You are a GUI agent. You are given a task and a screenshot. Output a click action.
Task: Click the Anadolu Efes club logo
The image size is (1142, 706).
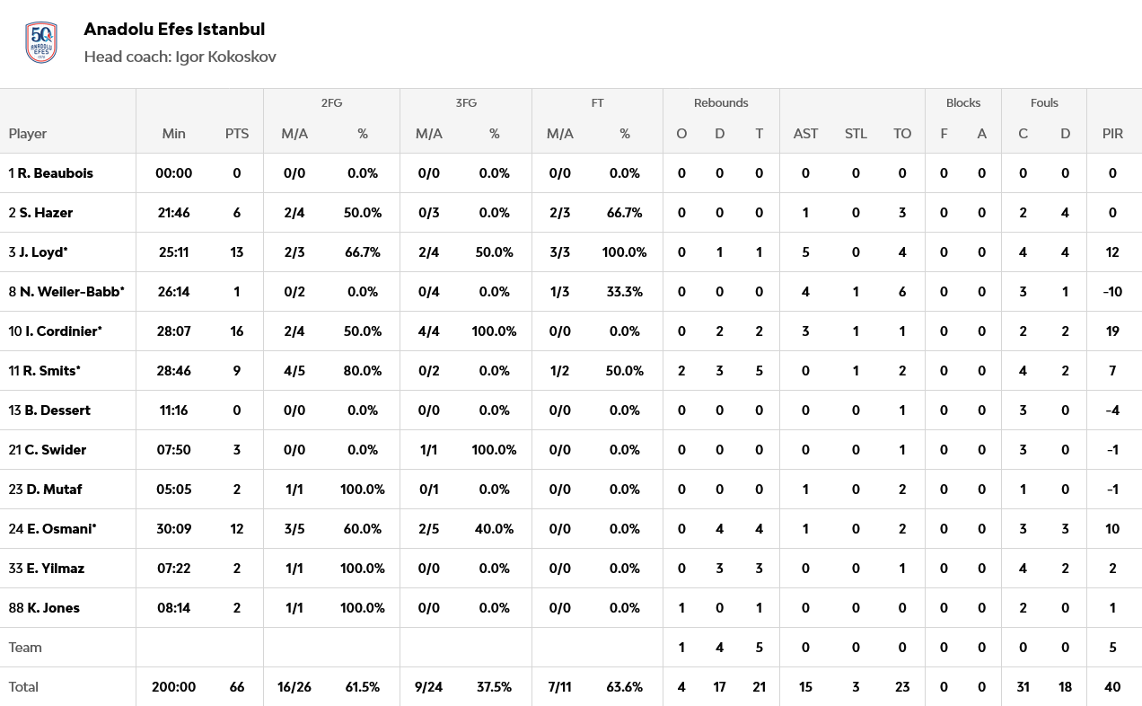point(41,42)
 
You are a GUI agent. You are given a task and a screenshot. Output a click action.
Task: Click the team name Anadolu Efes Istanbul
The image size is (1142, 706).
point(174,29)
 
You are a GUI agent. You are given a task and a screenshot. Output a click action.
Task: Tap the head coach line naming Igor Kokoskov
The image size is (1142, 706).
point(180,57)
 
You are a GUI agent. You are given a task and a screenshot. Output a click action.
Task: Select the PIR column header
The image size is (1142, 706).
point(1112,133)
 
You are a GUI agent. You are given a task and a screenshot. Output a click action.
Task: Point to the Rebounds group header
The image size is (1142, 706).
point(720,102)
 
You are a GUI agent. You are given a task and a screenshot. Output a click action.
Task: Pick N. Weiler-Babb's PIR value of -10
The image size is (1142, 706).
point(1112,291)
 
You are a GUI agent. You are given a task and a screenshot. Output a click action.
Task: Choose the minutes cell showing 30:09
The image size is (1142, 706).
point(174,528)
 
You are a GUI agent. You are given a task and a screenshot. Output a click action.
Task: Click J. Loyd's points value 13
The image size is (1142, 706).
point(237,252)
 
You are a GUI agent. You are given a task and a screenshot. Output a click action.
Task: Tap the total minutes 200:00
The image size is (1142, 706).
point(174,686)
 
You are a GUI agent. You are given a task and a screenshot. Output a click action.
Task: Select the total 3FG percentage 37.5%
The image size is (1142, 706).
point(494,686)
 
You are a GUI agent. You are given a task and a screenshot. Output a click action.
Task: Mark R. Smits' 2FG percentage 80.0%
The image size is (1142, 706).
point(363,370)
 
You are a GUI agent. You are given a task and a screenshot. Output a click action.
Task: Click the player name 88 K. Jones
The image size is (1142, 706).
point(44,607)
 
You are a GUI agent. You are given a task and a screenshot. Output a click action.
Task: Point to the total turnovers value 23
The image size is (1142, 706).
point(902,686)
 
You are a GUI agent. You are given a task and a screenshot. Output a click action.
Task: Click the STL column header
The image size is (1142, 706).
point(856,133)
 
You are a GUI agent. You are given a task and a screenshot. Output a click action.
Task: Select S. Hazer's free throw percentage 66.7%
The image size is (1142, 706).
point(624,212)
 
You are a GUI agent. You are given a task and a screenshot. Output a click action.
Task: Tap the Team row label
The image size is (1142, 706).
point(25,647)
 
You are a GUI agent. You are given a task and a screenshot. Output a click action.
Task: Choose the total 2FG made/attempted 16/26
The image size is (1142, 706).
point(294,686)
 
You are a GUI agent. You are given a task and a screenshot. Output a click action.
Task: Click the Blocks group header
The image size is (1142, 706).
point(962,102)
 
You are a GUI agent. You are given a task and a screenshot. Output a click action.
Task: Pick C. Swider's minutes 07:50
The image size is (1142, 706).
point(174,449)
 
